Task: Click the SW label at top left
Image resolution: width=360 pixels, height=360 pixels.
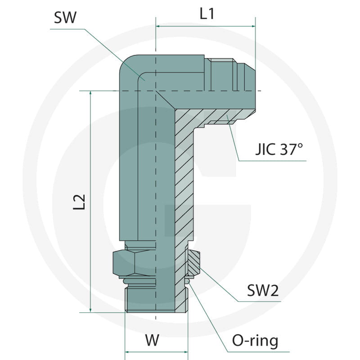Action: pyautogui.click(x=65, y=18)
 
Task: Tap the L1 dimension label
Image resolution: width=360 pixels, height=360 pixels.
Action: pyautogui.click(x=207, y=14)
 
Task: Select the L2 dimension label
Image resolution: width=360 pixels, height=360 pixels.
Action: pyautogui.click(x=79, y=202)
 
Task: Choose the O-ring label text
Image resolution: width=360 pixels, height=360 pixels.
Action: pyautogui.click(x=254, y=341)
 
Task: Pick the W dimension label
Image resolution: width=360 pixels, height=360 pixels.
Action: pyautogui.click(x=153, y=340)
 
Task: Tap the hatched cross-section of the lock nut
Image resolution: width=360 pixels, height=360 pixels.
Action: pyautogui.click(x=194, y=263)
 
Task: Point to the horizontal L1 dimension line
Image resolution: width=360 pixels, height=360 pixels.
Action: pyautogui.click(x=205, y=26)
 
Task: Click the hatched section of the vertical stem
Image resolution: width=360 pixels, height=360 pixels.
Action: pyautogui.click(x=184, y=180)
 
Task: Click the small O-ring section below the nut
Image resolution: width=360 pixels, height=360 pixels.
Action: pyautogui.click(x=190, y=281)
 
